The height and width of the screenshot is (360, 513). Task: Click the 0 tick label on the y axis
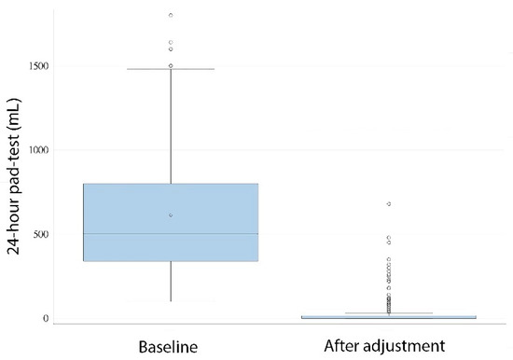point(43,318)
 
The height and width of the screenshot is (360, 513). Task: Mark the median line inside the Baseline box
point(171,234)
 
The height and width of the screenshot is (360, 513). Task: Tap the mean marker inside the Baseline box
point(171,215)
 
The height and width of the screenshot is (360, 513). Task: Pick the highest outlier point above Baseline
point(171,15)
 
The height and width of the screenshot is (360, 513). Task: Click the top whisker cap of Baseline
point(171,69)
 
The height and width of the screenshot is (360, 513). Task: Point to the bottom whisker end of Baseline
point(171,300)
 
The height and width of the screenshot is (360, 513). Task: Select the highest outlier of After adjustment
point(388,203)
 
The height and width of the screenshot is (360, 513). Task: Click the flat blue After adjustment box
point(388,317)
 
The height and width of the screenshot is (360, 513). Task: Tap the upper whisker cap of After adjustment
point(388,313)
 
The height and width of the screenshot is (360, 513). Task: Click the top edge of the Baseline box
point(171,184)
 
